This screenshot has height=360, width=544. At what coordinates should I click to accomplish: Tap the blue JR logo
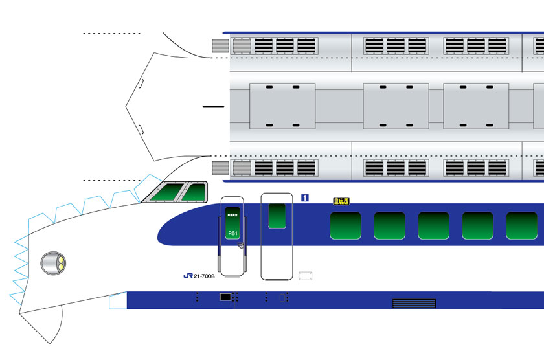(x=188, y=276)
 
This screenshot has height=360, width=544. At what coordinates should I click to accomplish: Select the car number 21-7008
(x=204, y=276)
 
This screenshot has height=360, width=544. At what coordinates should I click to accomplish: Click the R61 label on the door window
(x=232, y=232)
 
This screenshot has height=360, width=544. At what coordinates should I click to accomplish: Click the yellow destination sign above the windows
(x=341, y=201)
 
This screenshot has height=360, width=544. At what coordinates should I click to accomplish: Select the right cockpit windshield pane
(x=194, y=192)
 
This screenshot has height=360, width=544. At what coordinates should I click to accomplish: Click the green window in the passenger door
(x=277, y=216)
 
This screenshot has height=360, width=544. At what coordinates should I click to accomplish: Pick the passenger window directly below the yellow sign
(x=345, y=225)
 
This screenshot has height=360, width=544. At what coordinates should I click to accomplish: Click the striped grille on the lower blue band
(x=414, y=302)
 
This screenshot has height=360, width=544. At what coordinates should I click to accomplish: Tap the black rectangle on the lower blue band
(x=225, y=297)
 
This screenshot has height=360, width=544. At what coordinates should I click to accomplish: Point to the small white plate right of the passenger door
(x=306, y=276)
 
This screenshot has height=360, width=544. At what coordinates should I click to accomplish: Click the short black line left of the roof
(x=212, y=106)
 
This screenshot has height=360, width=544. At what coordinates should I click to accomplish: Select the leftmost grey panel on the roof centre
(x=282, y=106)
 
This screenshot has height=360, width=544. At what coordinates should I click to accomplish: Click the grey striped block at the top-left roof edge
(x=221, y=46)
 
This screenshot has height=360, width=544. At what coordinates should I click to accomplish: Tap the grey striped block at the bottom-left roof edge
(x=221, y=168)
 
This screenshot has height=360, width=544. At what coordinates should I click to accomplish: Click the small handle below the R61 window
(x=240, y=246)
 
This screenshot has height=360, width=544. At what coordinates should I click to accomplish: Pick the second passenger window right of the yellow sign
(x=433, y=225)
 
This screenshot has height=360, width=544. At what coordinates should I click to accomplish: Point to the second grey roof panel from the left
(x=396, y=106)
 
